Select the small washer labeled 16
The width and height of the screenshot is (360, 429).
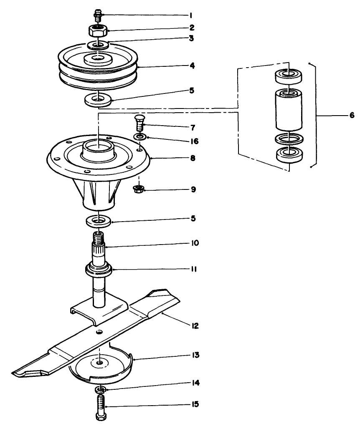click(141, 136)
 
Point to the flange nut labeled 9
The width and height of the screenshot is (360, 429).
click(138, 189)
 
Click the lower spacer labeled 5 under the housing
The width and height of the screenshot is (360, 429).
click(99, 221)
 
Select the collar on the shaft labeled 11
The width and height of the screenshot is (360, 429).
click(99, 269)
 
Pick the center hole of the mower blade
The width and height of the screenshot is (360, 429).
click(99, 332)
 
